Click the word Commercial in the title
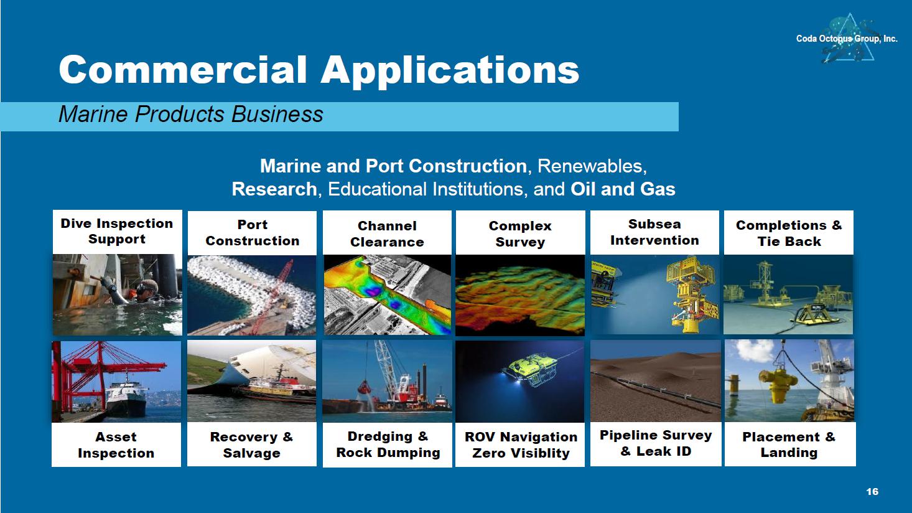coord(182,70)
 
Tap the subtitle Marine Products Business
coord(190,114)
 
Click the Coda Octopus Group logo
coord(847,39)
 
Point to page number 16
coord(872,492)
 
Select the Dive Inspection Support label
coord(117,231)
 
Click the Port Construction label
coord(253,233)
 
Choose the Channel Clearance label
coord(387,234)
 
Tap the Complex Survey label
coord(520,234)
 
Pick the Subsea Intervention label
coord(654,232)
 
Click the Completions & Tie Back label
coord(789,233)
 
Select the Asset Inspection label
coord(116,445)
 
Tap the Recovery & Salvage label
coord(251,445)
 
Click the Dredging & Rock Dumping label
coord(388,445)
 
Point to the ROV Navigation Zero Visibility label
coord(521,445)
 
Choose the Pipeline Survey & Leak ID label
coord(656,443)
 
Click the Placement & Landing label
coord(789,445)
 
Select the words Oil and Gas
coord(623,189)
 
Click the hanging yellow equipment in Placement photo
coord(779,384)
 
